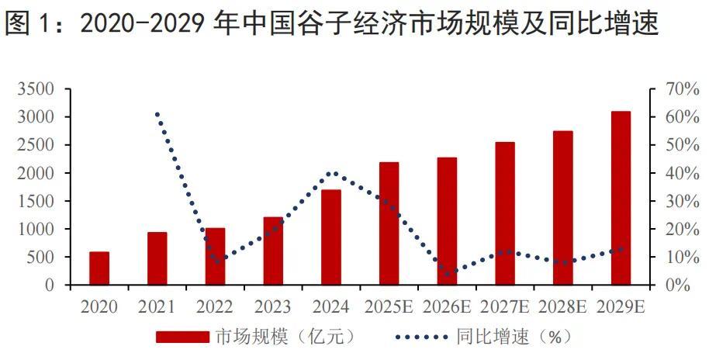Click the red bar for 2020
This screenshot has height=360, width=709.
point(99,268)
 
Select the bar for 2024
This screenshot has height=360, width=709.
point(331,237)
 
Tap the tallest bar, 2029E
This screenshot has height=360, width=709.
point(621,199)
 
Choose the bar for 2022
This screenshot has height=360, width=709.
point(216,257)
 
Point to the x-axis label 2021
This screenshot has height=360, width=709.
point(157,307)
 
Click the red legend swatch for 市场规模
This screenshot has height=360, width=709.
point(182,337)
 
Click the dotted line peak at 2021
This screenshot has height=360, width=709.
point(157,114)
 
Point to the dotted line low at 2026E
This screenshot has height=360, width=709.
point(448,274)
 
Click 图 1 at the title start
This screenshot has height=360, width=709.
point(29,25)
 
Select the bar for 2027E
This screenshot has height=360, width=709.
point(505,214)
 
